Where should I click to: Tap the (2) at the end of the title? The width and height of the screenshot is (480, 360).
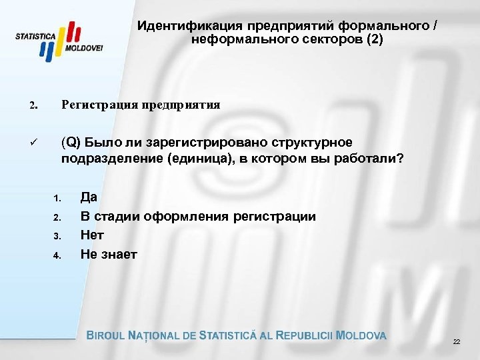tap(373, 39)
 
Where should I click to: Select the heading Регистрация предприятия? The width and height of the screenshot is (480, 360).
tap(141, 105)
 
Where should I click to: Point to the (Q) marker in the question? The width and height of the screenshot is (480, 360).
tap(70, 143)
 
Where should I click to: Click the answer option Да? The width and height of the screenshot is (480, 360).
tap(89, 197)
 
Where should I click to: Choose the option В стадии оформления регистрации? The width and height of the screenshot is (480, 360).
tap(198, 216)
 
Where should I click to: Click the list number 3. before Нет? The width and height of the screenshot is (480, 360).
tap(57, 236)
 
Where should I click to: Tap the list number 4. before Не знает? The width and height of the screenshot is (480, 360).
tap(57, 255)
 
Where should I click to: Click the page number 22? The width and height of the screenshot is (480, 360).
tap(456, 341)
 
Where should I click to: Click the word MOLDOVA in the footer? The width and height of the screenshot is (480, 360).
tap(361, 335)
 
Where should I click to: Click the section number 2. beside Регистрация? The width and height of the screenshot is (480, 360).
tap(33, 106)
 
